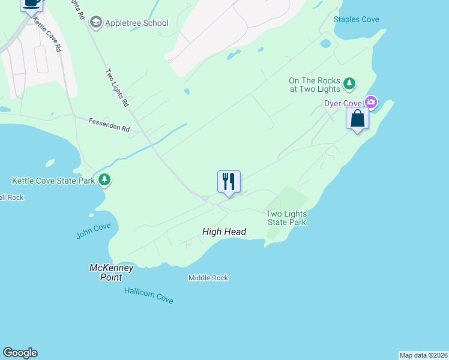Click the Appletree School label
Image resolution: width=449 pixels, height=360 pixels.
[137, 23]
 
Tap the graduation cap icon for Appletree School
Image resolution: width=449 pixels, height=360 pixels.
[95, 23]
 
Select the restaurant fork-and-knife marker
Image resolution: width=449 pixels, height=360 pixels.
[229, 182]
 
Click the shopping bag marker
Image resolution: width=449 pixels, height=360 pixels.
[357, 118]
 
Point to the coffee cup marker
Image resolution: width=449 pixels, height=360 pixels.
[32, 4]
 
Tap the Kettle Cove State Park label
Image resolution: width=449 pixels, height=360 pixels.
[53, 180]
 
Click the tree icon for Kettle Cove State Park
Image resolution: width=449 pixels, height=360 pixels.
[105, 179]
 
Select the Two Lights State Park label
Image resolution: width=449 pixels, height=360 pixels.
[286, 218]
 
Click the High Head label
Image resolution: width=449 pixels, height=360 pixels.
[224, 232]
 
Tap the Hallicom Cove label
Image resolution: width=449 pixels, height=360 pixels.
[149, 295]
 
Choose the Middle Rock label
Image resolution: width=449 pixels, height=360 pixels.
[208, 278]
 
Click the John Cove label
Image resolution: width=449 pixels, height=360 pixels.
[94, 231]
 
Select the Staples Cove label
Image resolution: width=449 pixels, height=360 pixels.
[357, 19]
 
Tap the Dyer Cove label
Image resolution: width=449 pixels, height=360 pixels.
[343, 103]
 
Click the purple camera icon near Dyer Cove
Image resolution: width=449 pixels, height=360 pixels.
[371, 103]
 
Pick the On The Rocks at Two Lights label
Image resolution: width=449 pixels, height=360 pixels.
[315, 85]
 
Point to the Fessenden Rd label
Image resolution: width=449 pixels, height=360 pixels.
[109, 128]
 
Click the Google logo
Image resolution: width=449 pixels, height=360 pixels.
[20, 353]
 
